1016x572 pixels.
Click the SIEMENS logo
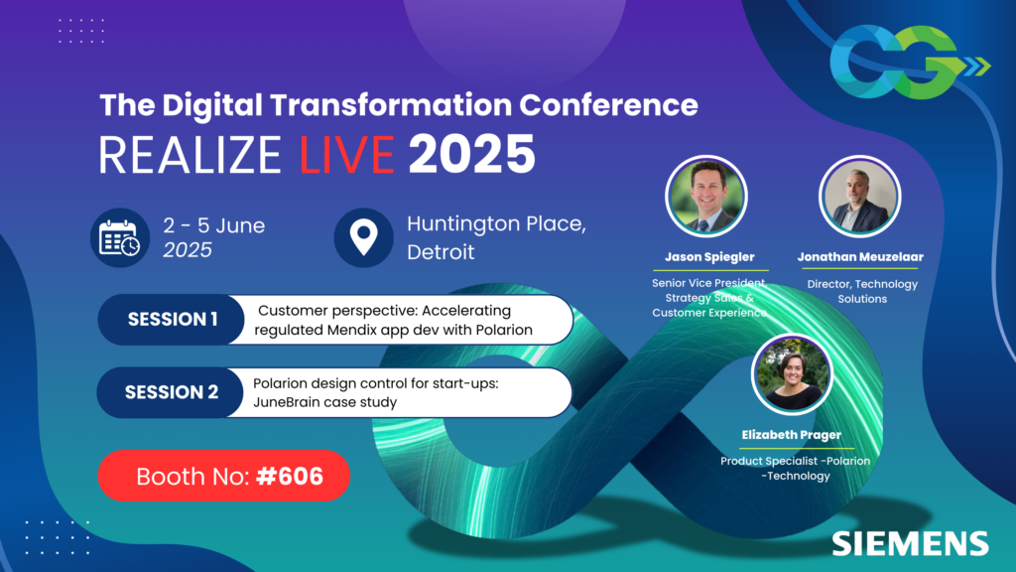[x=910, y=542]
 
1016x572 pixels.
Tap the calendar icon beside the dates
[x=120, y=237]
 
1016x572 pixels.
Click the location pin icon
[x=364, y=237]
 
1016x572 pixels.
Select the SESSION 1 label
[x=173, y=320]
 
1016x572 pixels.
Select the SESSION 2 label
[x=172, y=392]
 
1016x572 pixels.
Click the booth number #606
[x=289, y=476]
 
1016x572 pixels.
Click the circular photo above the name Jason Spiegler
[x=704, y=196]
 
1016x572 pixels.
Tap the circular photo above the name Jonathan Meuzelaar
[x=859, y=196]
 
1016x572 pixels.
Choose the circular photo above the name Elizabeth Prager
[x=792, y=373]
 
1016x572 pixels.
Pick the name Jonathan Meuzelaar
[x=860, y=256]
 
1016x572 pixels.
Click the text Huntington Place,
[x=496, y=224]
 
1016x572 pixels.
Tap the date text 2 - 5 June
[x=214, y=225]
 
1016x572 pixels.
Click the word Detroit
[x=441, y=251]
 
